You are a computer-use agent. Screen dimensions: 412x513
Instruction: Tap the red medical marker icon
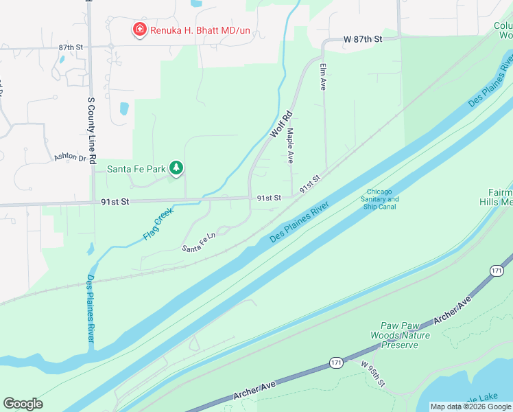139,30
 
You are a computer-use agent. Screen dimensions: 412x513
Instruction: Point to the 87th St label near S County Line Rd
70,47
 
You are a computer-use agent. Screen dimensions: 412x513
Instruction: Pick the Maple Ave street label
291,145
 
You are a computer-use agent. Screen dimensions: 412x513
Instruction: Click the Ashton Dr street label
71,158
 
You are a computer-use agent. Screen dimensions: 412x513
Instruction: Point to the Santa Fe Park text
137,168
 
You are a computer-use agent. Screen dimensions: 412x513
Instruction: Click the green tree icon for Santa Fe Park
177,168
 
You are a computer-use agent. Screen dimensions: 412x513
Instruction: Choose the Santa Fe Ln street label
198,242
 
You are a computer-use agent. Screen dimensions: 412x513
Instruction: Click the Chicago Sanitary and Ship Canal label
382,199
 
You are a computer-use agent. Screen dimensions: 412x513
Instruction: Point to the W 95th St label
373,374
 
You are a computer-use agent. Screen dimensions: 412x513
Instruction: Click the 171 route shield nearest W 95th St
336,362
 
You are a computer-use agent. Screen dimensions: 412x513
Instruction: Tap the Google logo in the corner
23,404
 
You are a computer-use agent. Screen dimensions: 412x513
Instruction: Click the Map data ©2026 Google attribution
470,407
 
